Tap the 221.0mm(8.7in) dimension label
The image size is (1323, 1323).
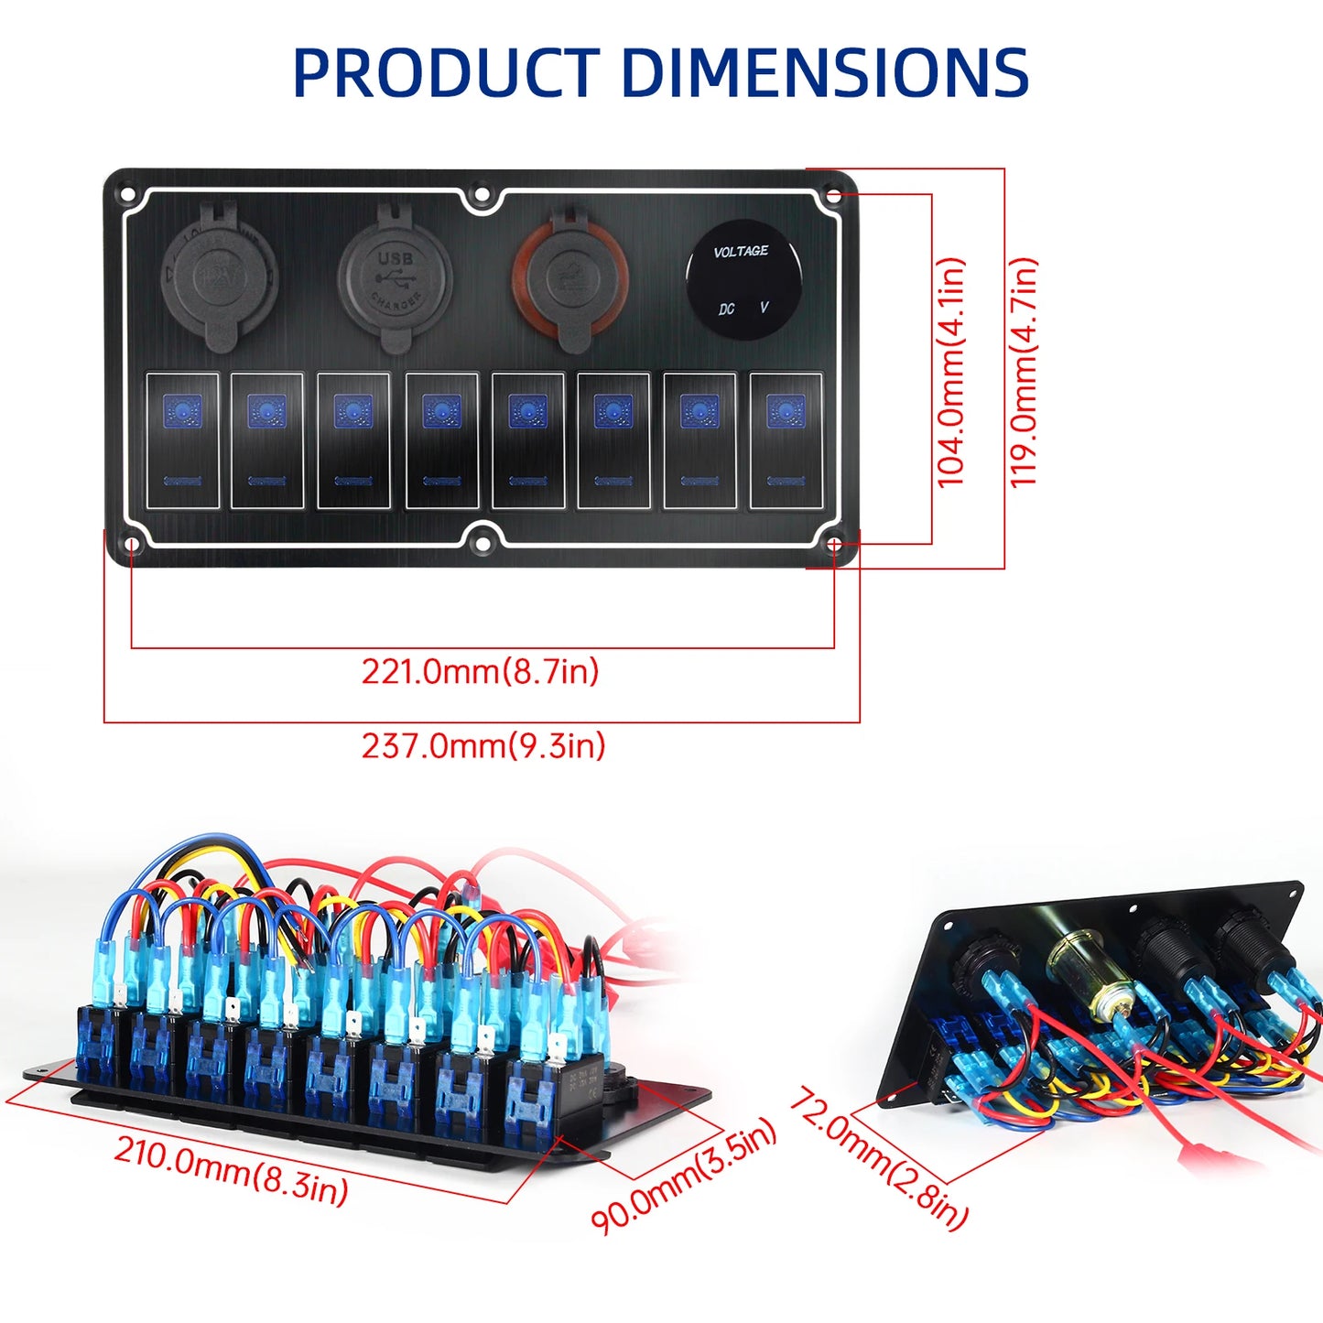tap(480, 672)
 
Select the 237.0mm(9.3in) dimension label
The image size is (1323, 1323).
tap(483, 746)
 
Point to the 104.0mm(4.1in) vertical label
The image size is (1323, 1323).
tap(951, 372)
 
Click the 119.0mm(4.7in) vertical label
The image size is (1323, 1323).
tap(1024, 372)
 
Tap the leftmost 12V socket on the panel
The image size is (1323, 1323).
tap(218, 275)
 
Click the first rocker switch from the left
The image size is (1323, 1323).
tap(183, 440)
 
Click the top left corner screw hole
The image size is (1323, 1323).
tap(128, 194)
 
